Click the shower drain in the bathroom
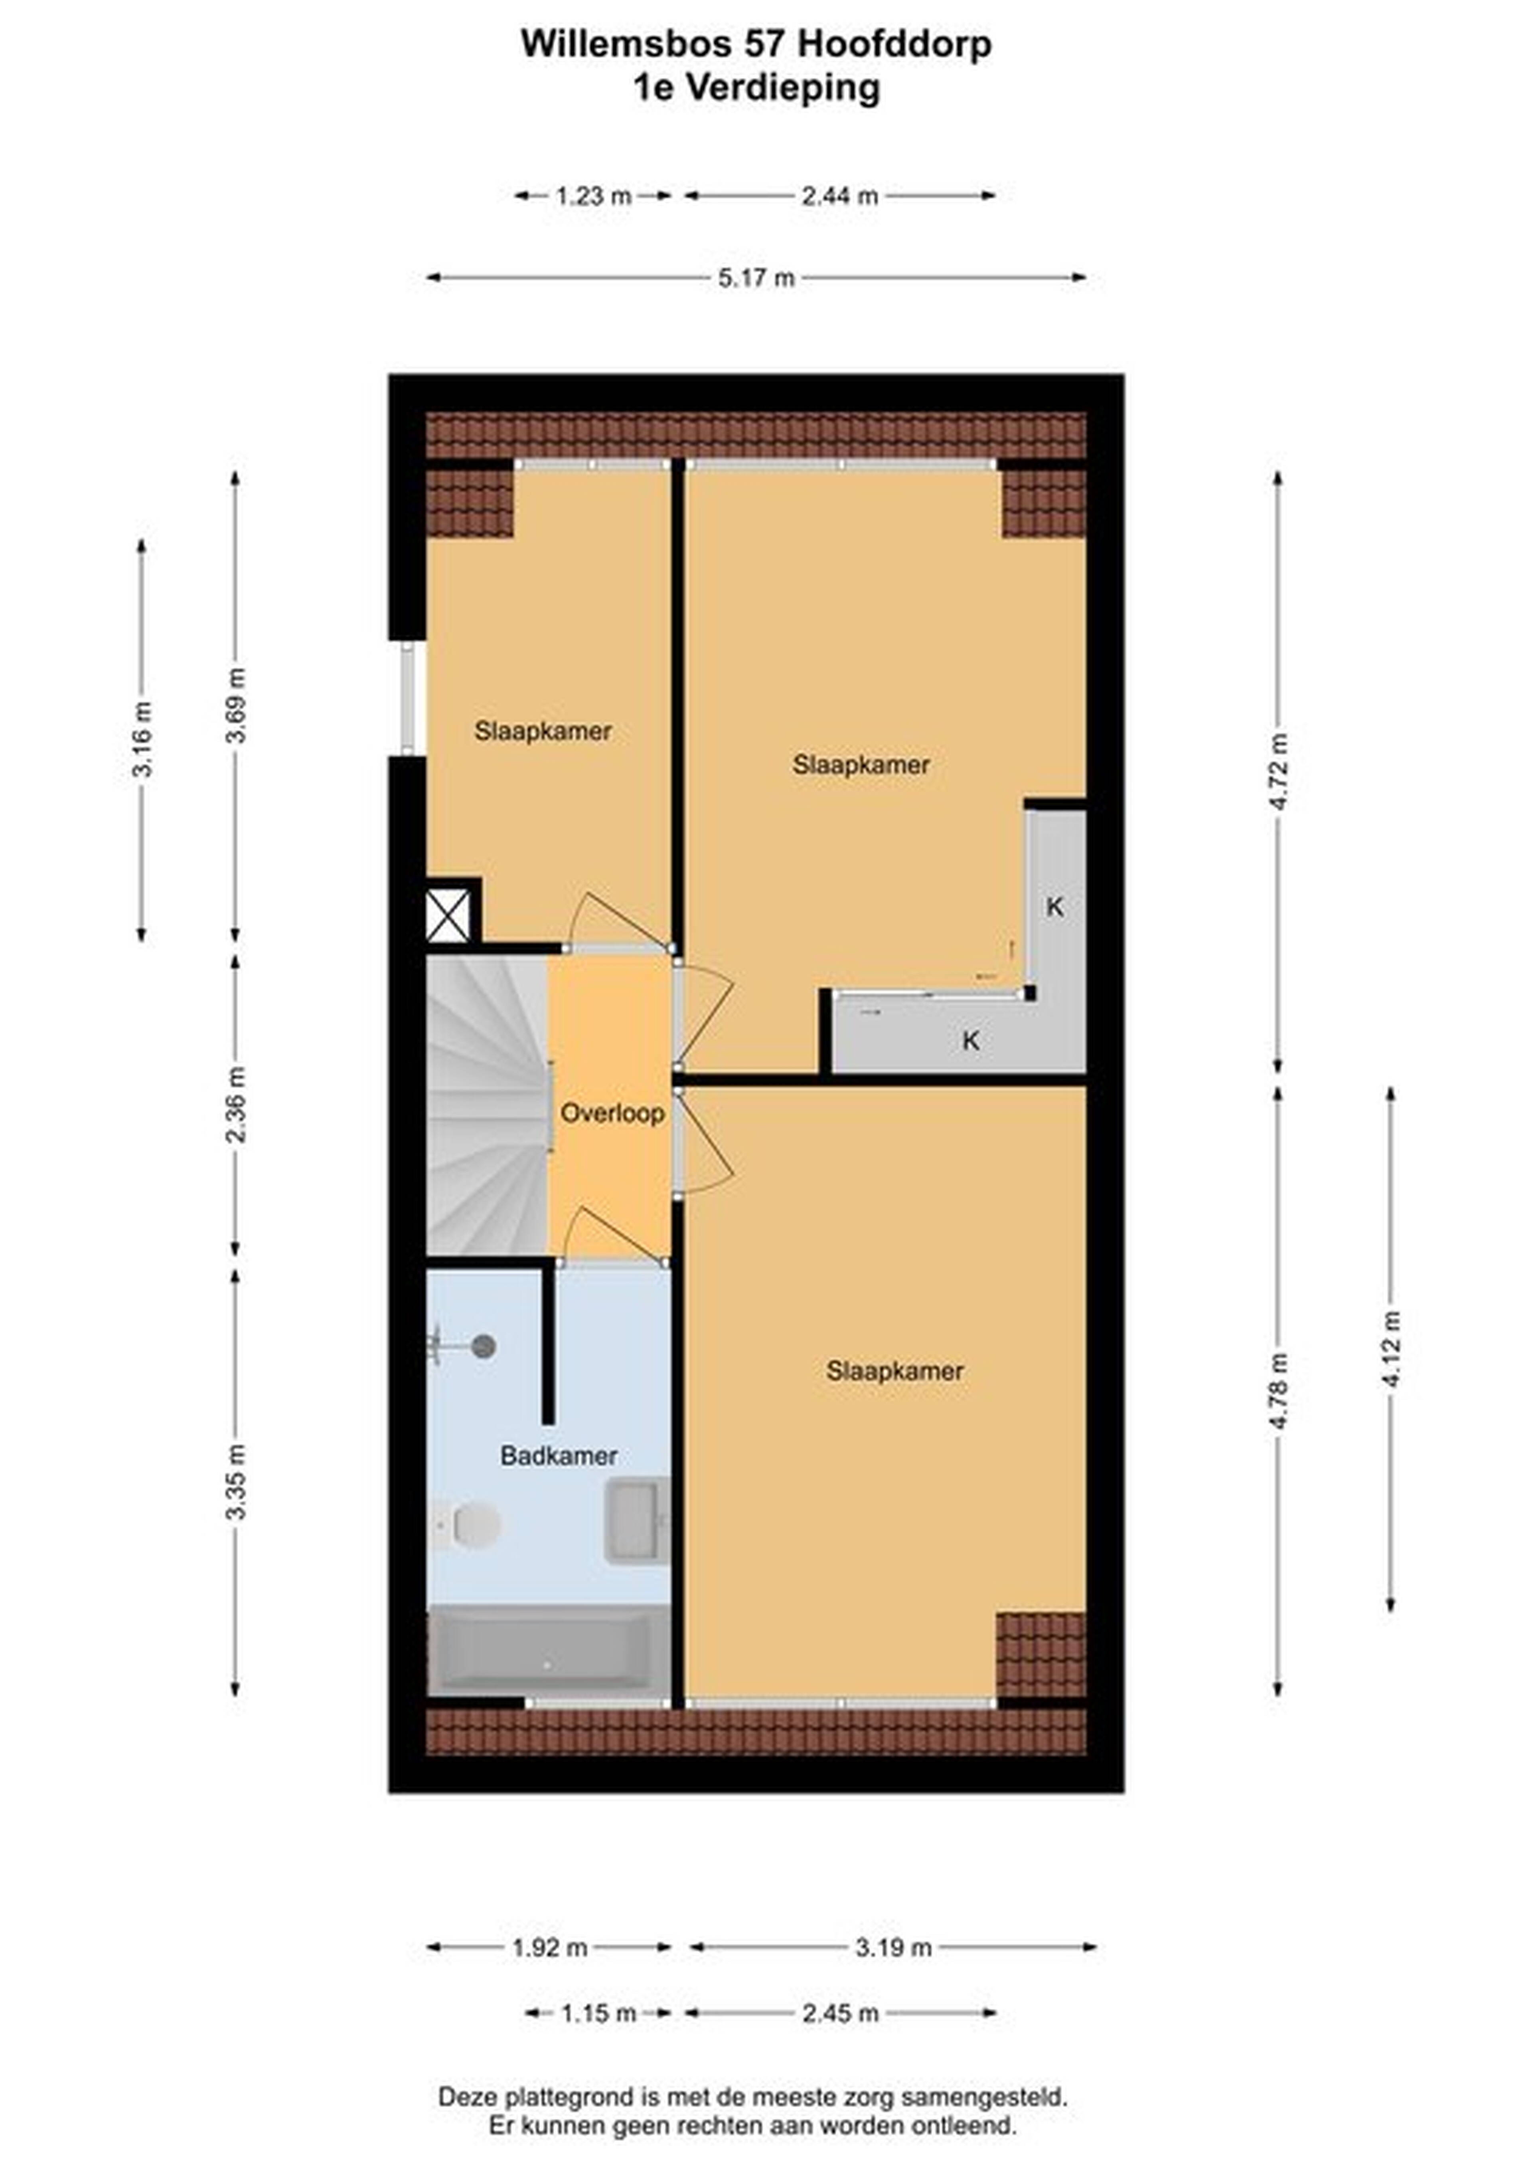click(484, 1346)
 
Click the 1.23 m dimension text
click(593, 196)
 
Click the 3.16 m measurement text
click(142, 739)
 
